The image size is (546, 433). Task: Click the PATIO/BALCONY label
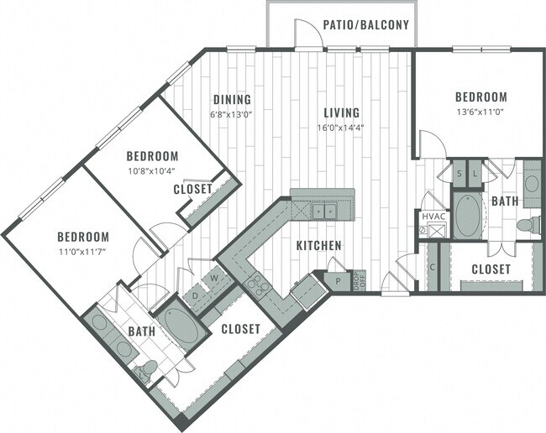pos(366,25)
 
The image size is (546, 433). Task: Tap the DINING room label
pos(227,97)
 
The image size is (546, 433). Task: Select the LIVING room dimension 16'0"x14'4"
pos(339,128)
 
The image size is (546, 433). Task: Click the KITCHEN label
pos(318,246)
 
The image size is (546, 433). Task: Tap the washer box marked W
pos(215,277)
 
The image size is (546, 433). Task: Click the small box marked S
pos(459,174)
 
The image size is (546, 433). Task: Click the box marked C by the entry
pos(433,267)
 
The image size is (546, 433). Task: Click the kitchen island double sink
pos(323,211)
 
